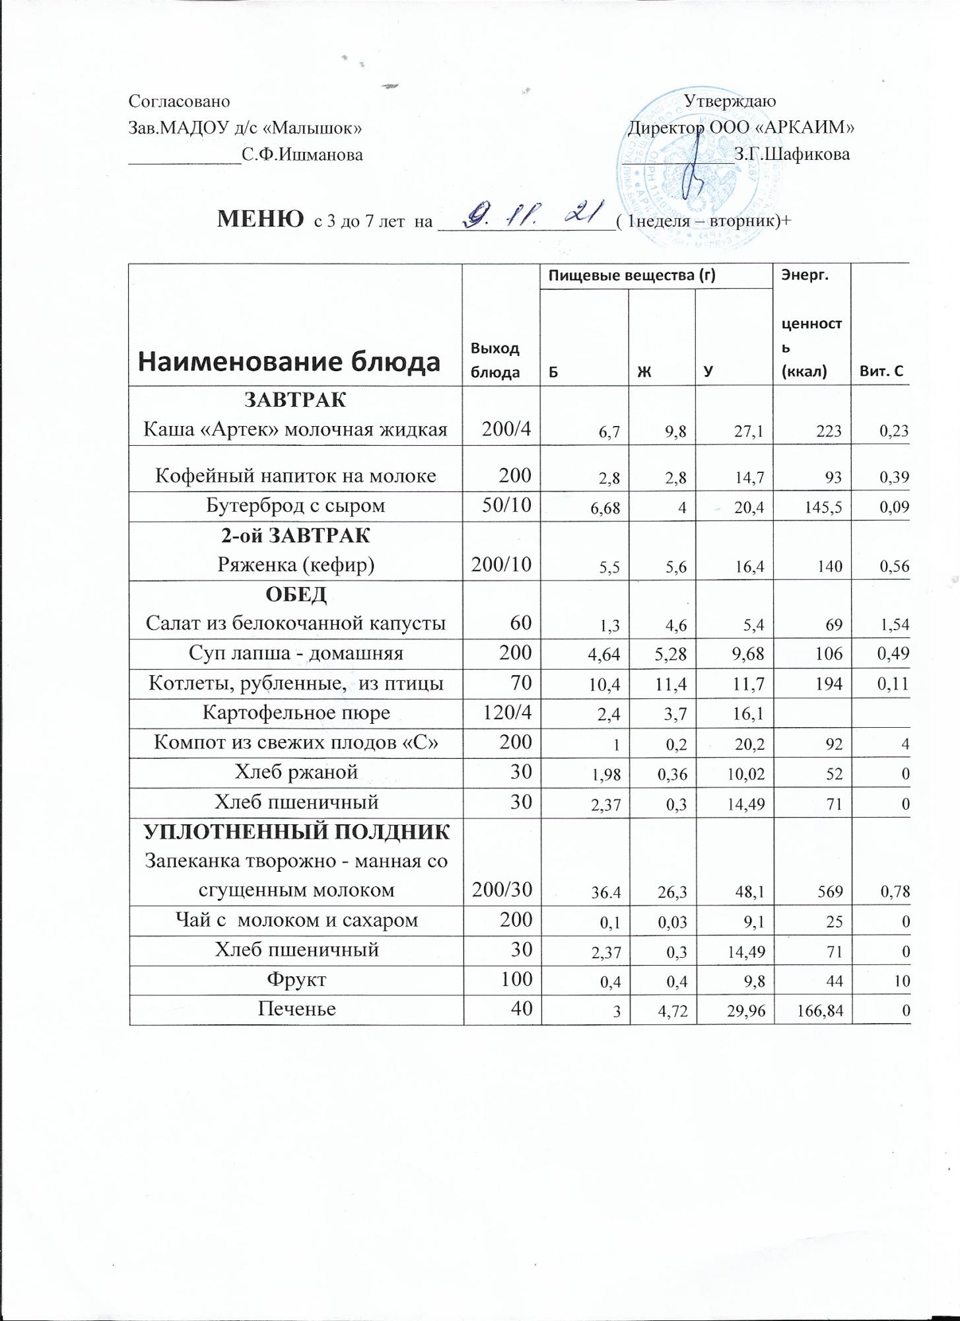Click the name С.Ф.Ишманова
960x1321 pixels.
tap(302, 155)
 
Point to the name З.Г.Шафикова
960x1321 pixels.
tap(792, 155)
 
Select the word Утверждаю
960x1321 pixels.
tap(730, 102)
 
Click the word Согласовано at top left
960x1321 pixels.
tap(179, 102)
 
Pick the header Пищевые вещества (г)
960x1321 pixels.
tap(654, 275)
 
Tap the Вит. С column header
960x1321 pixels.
tap(880, 371)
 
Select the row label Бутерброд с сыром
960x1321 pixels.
tap(296, 506)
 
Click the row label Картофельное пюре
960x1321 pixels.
tap(296, 713)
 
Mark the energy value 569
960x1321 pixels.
tap(830, 892)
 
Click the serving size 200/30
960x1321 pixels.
tap(502, 890)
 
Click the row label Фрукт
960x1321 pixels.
tap(296, 979)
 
